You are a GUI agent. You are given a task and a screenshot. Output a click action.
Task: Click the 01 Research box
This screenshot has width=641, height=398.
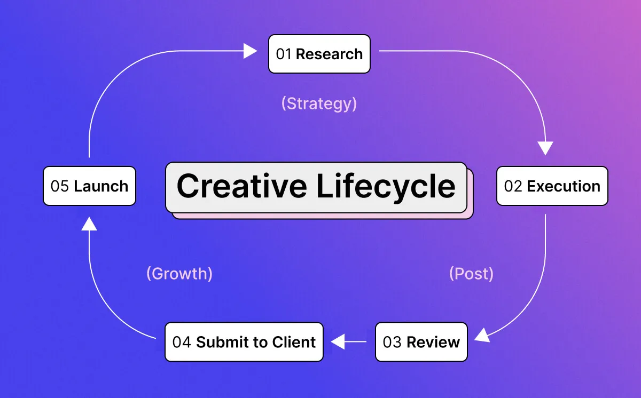319,54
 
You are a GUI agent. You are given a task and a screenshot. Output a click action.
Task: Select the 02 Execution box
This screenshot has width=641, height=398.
552,186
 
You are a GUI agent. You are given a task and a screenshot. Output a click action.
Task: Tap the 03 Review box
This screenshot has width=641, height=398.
421,342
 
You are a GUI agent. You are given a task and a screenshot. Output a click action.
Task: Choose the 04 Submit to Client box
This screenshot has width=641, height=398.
244,342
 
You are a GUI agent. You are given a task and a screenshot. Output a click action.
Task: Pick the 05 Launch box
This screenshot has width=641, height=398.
89,186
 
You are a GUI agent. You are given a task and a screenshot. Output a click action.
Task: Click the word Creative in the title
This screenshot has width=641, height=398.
242,186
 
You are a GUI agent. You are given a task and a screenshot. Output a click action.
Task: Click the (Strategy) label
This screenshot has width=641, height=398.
319,104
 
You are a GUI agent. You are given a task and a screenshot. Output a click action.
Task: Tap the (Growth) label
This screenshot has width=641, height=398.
179,274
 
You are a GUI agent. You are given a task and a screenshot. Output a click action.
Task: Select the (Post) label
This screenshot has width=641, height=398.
471,274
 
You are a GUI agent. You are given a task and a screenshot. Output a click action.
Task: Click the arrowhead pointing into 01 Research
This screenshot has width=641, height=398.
251,51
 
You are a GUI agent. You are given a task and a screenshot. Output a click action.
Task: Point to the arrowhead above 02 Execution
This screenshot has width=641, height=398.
545,148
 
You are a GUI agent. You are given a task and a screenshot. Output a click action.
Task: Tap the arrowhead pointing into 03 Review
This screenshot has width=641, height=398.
482,336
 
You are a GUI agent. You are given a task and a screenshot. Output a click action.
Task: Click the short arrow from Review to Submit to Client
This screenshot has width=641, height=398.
348,341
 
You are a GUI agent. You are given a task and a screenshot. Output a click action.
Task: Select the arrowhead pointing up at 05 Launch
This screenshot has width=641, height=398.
89,224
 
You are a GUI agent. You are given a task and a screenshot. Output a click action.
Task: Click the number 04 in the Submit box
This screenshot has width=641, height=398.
182,342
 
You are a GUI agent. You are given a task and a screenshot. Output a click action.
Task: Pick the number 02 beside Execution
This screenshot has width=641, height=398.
513,186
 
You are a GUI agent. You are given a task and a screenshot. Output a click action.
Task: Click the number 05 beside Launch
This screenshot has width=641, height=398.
59,186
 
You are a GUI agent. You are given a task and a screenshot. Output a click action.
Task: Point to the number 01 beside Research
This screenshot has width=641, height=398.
283,54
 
